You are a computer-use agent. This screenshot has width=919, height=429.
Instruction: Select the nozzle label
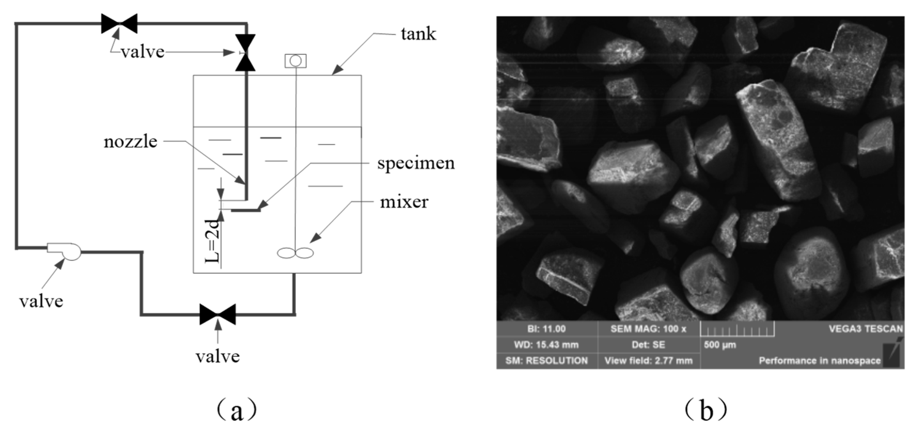pyautogui.click(x=130, y=142)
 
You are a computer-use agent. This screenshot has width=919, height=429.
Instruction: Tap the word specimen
pyautogui.click(x=416, y=163)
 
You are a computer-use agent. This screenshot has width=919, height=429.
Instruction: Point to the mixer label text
pyautogui.click(x=404, y=203)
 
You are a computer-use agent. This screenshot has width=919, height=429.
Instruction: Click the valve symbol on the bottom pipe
pyautogui.click(x=218, y=314)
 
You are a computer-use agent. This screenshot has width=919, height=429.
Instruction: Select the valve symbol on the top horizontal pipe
pyautogui.click(x=119, y=24)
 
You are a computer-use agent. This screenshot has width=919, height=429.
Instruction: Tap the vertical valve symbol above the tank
pyautogui.click(x=245, y=52)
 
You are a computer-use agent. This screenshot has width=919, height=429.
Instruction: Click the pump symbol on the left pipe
pyautogui.click(x=68, y=251)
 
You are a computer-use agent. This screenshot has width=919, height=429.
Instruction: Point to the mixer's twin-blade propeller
pyautogui.click(x=295, y=253)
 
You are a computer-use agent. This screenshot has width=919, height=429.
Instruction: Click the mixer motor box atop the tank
pyautogui.click(x=295, y=61)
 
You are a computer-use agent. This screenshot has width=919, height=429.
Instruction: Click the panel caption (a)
pyautogui.click(x=236, y=410)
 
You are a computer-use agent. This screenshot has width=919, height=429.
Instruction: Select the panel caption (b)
pyautogui.click(x=705, y=410)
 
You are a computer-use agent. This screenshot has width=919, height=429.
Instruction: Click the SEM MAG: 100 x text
pyautogui.click(x=648, y=329)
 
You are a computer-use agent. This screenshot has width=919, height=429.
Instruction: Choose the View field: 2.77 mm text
pyautogui.click(x=648, y=361)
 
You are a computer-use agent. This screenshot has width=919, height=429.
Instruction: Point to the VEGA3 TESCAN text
pyautogui.click(x=866, y=329)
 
